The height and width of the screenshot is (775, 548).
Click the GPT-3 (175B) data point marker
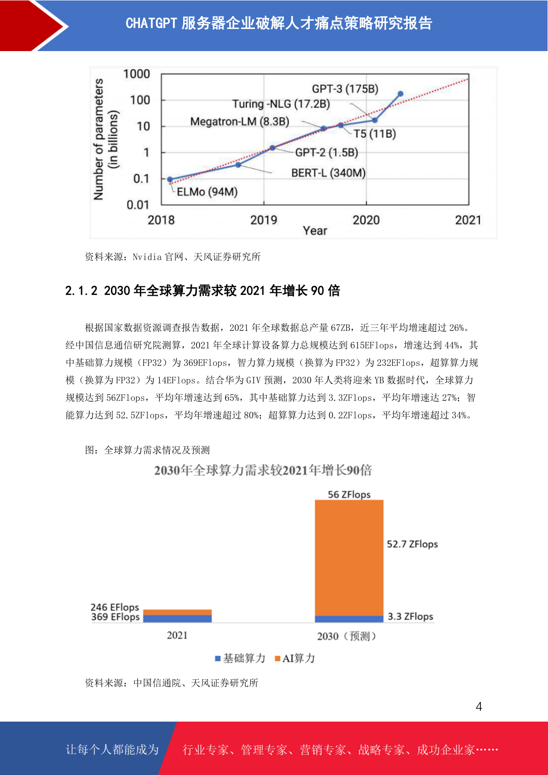click(x=400, y=94)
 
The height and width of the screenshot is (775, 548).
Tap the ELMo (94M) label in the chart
click(x=207, y=191)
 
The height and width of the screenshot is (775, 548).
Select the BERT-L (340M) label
click(x=329, y=173)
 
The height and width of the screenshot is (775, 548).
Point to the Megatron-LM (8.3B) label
click(x=240, y=121)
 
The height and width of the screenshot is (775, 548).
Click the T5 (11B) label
click(x=375, y=133)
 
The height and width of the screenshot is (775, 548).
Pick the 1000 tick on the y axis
click(x=137, y=74)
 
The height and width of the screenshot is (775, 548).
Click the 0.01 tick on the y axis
click(x=138, y=205)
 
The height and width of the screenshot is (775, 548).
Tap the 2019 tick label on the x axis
click(x=264, y=220)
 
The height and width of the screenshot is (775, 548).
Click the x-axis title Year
click(x=315, y=231)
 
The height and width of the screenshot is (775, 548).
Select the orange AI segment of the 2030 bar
click(x=349, y=558)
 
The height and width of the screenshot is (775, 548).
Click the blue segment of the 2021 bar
click(x=178, y=619)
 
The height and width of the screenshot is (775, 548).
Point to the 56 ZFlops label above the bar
click(x=349, y=494)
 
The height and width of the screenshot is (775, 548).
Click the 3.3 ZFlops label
click(x=410, y=617)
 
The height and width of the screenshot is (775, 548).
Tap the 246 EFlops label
click(x=115, y=607)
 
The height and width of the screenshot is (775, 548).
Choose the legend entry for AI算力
click(x=295, y=659)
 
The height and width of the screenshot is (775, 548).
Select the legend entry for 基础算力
click(x=240, y=659)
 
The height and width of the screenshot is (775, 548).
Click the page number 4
click(x=479, y=706)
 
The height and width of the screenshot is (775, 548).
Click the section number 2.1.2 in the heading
click(x=81, y=291)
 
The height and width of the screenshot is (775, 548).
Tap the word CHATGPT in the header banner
click(x=151, y=23)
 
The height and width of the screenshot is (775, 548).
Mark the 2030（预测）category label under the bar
click(x=346, y=636)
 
